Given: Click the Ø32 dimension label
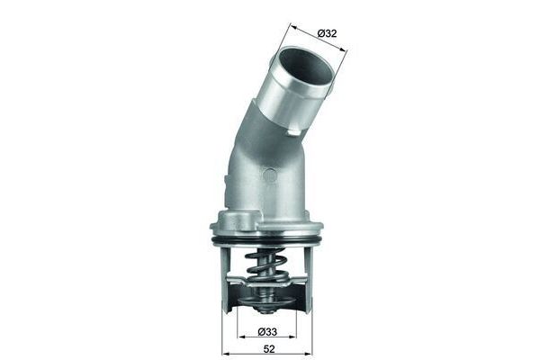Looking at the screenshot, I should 326,33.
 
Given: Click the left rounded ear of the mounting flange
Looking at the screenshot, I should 216,225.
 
